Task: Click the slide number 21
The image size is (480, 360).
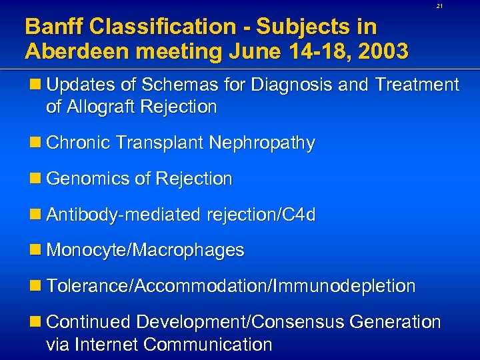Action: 439,6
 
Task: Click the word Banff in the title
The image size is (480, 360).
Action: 54,27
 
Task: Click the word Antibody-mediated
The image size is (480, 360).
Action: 123,215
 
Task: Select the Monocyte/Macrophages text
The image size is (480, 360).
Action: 145,251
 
